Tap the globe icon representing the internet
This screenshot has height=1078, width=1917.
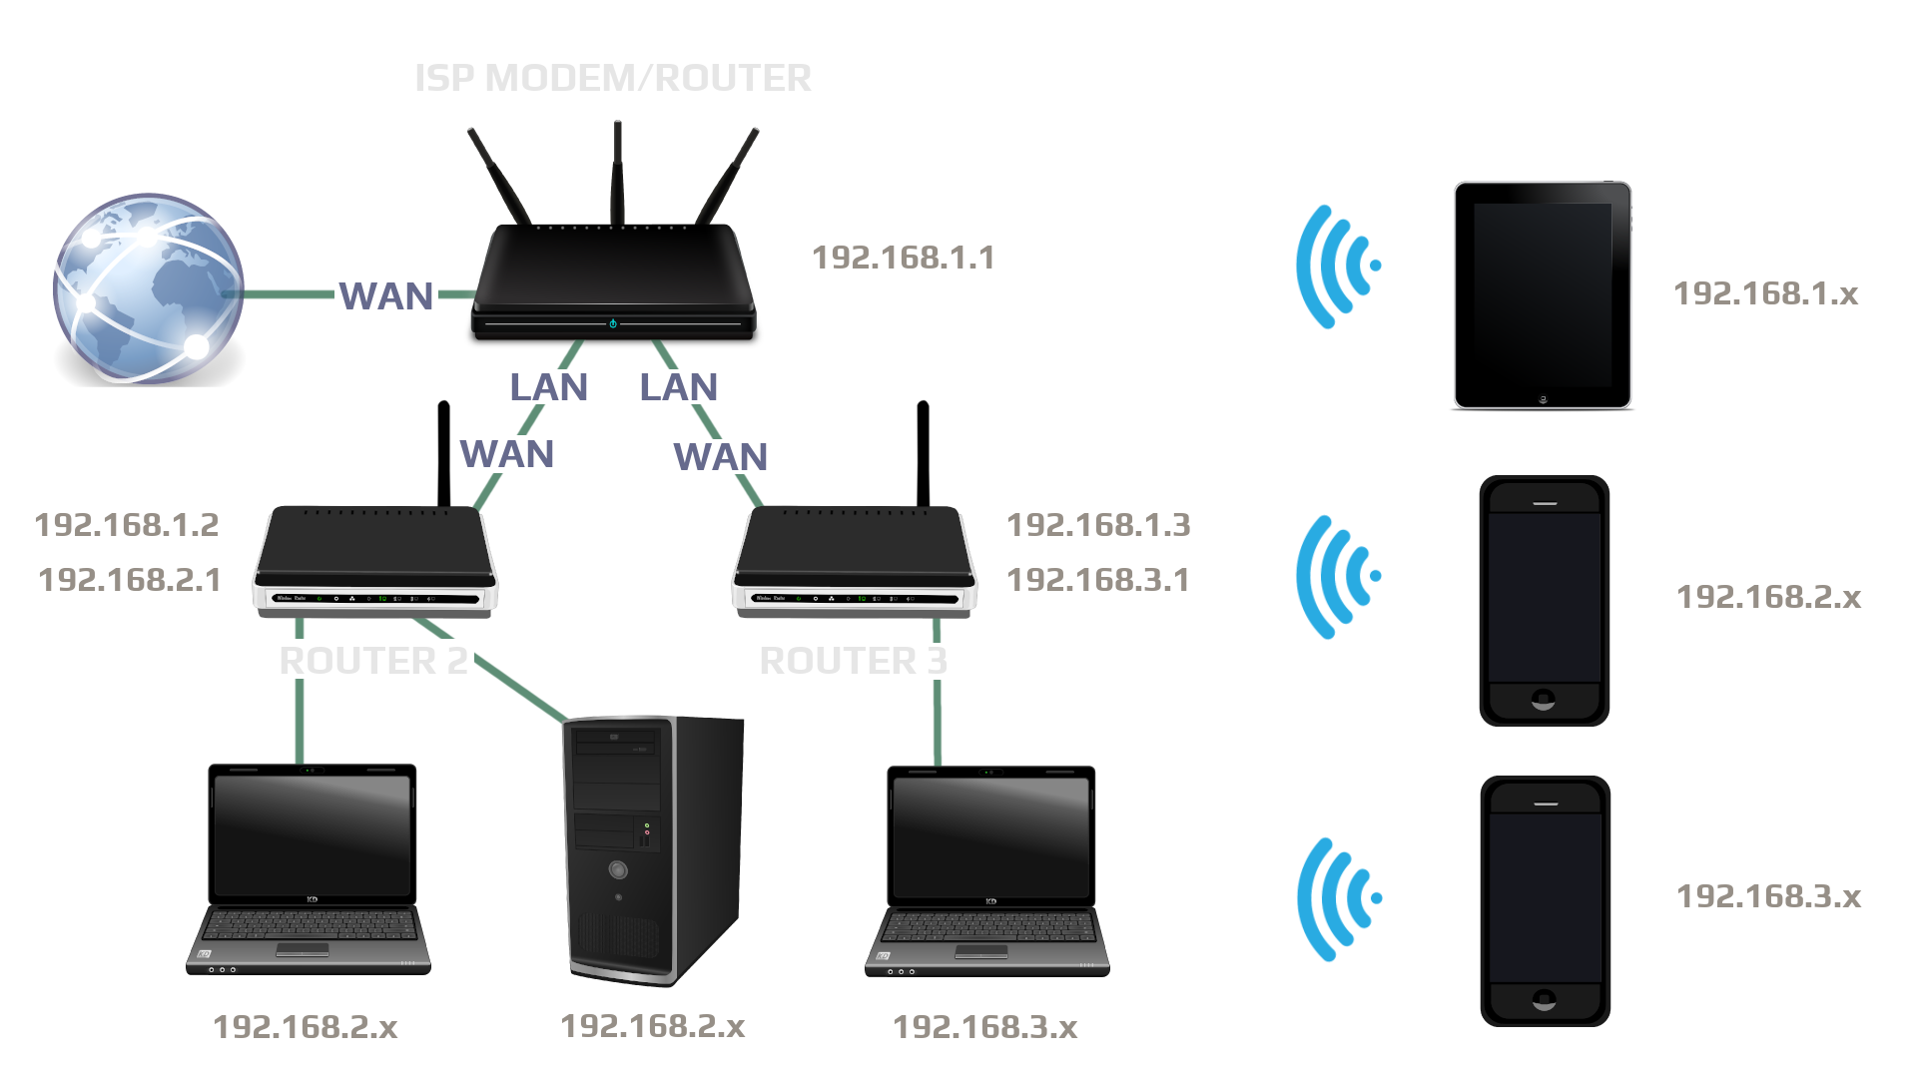click(x=148, y=289)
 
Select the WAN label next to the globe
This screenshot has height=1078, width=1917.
click(x=386, y=296)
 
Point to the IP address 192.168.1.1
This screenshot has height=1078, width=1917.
click(x=903, y=258)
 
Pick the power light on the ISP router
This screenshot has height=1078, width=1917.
click(x=613, y=323)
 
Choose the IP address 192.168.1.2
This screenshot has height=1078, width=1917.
click(x=127, y=525)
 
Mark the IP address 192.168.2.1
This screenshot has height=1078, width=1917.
click(x=130, y=580)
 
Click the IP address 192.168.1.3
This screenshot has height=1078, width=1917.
click(x=1098, y=525)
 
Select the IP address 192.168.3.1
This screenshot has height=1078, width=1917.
click(x=1098, y=580)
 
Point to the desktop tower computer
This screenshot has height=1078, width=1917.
click(x=653, y=848)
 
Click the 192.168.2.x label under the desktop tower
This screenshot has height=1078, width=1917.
click(x=653, y=1026)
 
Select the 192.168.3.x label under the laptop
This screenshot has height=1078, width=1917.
click(x=985, y=1027)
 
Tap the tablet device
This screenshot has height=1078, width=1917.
click(x=1543, y=294)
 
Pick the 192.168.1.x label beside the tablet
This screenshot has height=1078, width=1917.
click(x=1766, y=293)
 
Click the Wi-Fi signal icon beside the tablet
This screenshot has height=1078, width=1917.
click(x=1336, y=267)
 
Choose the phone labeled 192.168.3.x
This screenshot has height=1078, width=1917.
click(x=1545, y=901)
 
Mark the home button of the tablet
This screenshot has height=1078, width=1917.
click(x=1543, y=399)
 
